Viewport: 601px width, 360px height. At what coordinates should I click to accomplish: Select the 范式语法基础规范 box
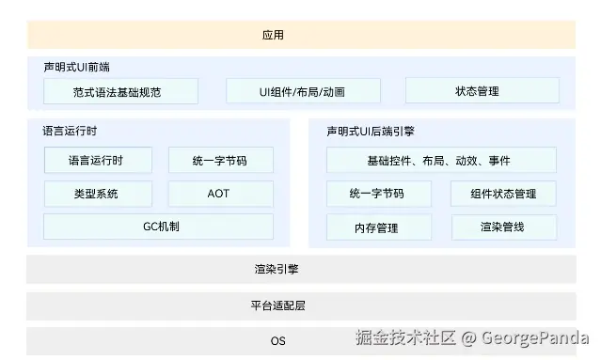(121, 91)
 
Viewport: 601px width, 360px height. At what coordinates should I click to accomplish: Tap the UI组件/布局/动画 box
(303, 91)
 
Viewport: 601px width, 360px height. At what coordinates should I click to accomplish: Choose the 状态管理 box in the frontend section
(482, 91)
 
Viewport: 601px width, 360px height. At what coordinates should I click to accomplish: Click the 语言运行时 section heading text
(65, 132)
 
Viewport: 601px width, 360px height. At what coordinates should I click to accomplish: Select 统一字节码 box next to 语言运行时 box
(220, 161)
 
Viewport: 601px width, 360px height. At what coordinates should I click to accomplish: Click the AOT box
(220, 194)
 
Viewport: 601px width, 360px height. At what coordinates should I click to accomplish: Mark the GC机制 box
(158, 227)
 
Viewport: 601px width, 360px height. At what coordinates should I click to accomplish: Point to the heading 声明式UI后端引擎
(372, 132)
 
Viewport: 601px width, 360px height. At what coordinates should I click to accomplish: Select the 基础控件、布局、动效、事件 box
(440, 161)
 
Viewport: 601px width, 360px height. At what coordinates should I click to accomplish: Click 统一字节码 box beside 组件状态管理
(378, 194)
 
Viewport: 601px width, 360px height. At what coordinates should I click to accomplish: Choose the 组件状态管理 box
(505, 194)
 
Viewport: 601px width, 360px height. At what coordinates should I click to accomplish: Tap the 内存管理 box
(378, 227)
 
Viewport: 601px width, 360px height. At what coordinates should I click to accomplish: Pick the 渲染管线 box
(505, 227)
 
